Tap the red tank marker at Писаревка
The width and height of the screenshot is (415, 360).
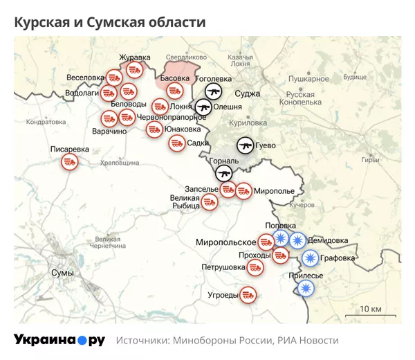tap(69, 162)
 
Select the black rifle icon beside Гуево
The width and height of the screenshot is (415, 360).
tap(245, 145)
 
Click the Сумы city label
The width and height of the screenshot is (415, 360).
tap(62, 273)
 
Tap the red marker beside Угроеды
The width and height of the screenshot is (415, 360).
tap(249, 295)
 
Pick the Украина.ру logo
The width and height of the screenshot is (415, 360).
tap(59, 340)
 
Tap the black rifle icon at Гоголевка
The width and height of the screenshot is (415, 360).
tap(213, 92)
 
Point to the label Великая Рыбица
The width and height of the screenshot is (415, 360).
tap(185, 201)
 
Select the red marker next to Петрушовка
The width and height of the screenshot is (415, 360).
tap(255, 267)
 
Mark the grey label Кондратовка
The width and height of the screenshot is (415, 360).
tap(46, 122)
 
